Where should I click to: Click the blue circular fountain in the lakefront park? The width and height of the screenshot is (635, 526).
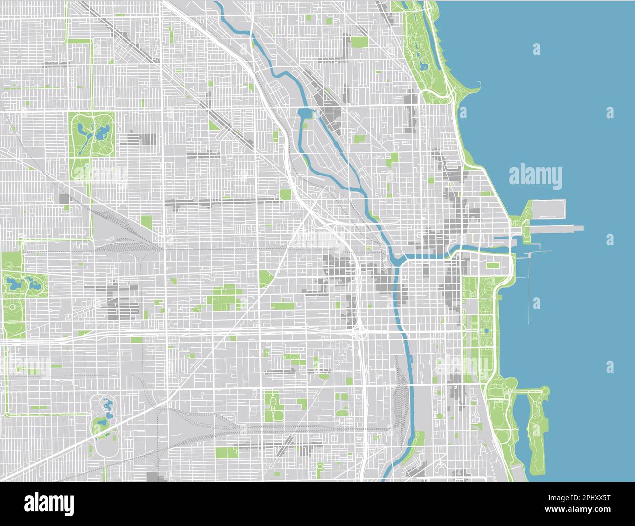pyautogui.click(x=487, y=331)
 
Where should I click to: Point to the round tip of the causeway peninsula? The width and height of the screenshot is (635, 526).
pyautogui.click(x=544, y=391)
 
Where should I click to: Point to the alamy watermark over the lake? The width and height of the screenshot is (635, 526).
pyautogui.click(x=535, y=177)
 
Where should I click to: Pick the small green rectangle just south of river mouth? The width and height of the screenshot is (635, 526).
pyautogui.click(x=492, y=265)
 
